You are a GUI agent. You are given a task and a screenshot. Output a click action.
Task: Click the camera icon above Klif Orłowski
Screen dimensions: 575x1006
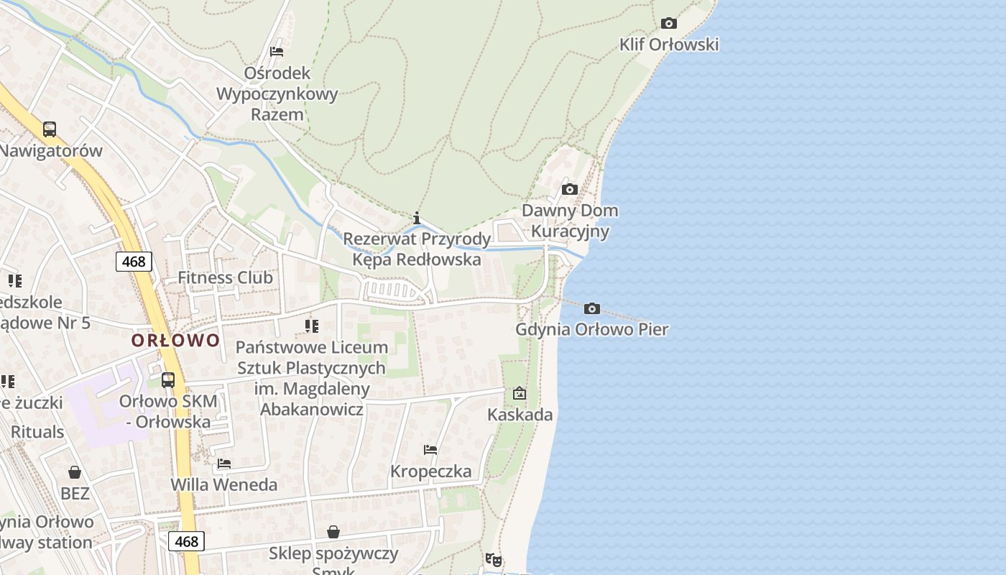pyautogui.click(x=668, y=23)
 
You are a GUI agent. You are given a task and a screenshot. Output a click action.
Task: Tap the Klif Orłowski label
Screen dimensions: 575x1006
pyautogui.click(x=669, y=45)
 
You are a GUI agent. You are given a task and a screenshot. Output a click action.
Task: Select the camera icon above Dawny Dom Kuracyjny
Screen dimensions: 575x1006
pyautogui.click(x=569, y=189)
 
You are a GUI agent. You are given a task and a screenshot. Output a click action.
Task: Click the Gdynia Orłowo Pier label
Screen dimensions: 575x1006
pyautogui.click(x=592, y=330)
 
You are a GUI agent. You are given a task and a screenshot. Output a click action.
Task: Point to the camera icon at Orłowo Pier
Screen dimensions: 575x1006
pyautogui.click(x=591, y=308)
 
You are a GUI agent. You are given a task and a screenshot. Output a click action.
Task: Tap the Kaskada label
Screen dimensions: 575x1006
pyautogui.click(x=520, y=415)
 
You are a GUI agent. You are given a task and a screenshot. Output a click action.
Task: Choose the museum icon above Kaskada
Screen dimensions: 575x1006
pyautogui.click(x=519, y=393)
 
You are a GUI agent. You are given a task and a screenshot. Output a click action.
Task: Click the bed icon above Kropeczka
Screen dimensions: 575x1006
pyautogui.click(x=430, y=450)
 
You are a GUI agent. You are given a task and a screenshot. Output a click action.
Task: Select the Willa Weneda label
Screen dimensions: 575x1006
pyautogui.click(x=223, y=485)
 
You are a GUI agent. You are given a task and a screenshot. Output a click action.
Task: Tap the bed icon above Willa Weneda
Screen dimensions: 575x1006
pyautogui.click(x=224, y=464)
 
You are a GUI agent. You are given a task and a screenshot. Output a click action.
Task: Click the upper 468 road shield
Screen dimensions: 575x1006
pyautogui.click(x=134, y=262)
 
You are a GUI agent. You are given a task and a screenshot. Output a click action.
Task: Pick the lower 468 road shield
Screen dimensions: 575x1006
pyautogui.click(x=186, y=541)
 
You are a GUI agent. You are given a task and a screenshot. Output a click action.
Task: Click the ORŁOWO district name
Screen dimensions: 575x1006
pyautogui.click(x=175, y=340)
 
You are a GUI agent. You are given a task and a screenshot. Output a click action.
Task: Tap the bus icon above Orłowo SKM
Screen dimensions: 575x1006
pyautogui.click(x=167, y=379)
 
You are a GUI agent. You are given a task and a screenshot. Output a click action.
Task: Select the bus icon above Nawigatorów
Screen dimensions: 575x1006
pyautogui.click(x=49, y=129)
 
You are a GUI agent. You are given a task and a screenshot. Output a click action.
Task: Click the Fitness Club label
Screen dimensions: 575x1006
pyautogui.click(x=225, y=277)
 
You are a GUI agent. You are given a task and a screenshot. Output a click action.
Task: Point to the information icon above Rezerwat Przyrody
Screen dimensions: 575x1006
pyautogui.click(x=417, y=217)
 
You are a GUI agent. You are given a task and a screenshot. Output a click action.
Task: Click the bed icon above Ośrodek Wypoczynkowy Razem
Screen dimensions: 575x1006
pyautogui.click(x=277, y=52)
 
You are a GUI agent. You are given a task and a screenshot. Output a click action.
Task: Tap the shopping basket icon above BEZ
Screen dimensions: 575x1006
pyautogui.click(x=75, y=472)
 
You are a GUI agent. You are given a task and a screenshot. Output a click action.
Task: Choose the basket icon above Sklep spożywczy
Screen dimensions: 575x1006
pyautogui.click(x=333, y=532)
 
